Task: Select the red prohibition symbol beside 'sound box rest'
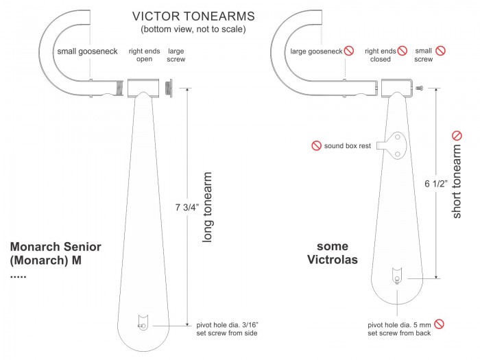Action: [316, 145]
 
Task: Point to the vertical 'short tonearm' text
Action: [457, 176]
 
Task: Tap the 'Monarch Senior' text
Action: [56, 247]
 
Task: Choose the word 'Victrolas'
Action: [332, 260]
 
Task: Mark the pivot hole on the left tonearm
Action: [143, 326]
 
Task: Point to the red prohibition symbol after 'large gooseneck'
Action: [349, 50]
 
